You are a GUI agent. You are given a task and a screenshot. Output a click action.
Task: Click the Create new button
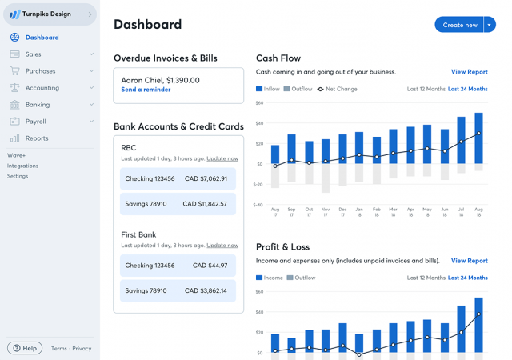(x=459, y=25)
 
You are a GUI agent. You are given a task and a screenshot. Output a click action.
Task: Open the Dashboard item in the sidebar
(x=42, y=38)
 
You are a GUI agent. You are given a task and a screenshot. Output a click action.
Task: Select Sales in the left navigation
(x=33, y=54)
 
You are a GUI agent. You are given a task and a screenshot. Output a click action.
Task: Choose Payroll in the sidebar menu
(x=35, y=122)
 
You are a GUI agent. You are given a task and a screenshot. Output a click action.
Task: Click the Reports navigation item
(x=37, y=138)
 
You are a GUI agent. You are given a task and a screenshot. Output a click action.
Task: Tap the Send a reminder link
(x=146, y=90)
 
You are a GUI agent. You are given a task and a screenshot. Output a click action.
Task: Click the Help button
(x=25, y=348)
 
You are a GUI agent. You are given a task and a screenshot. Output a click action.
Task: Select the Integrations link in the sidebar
(x=22, y=166)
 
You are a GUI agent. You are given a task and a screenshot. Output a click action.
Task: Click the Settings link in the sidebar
(x=18, y=176)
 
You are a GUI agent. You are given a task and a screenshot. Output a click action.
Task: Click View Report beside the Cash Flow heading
(x=469, y=72)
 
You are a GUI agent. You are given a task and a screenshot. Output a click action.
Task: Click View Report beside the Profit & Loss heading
(x=469, y=261)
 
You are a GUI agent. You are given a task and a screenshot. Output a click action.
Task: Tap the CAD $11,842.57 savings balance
(x=205, y=204)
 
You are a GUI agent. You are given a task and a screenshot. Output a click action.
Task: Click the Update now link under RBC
(x=222, y=159)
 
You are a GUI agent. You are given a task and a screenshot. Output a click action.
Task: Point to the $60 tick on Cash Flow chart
(x=259, y=103)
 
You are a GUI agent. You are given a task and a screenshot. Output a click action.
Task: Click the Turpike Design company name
(x=47, y=14)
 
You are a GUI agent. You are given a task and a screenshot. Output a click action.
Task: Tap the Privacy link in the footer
(x=82, y=349)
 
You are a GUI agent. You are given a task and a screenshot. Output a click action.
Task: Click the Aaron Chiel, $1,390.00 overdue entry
(x=160, y=80)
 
